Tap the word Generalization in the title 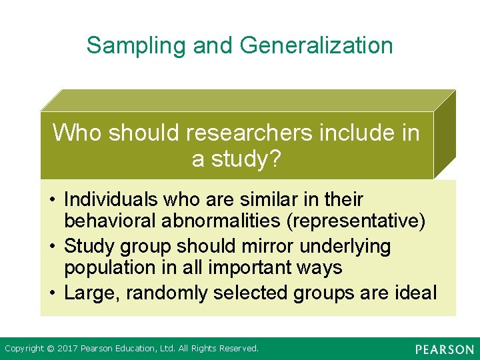[316, 45]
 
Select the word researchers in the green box [249, 133]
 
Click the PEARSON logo [444, 349]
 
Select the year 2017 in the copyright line [68, 349]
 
